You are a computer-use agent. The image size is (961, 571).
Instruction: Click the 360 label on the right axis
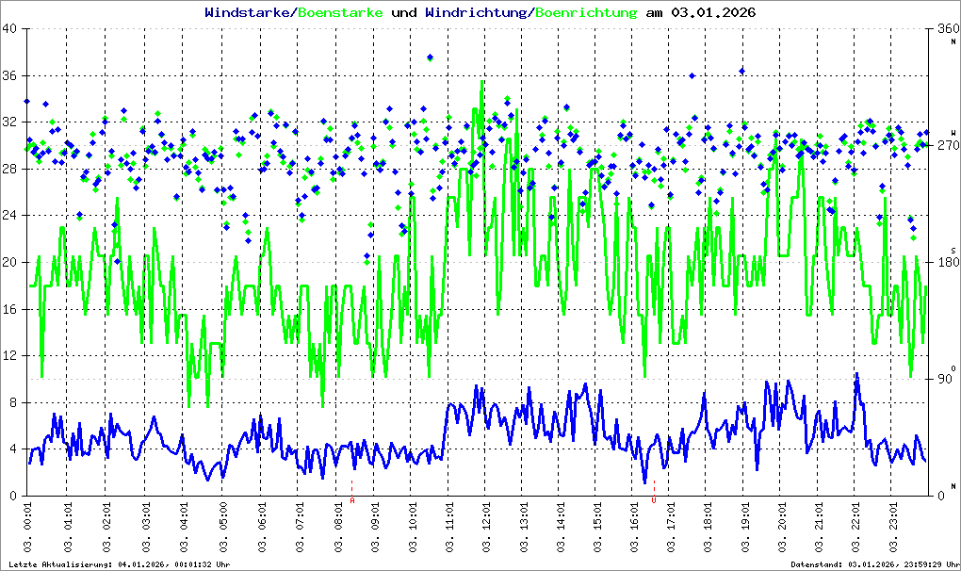[945, 29]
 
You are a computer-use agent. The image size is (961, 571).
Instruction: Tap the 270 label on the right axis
[945, 146]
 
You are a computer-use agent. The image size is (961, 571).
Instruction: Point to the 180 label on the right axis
[945, 262]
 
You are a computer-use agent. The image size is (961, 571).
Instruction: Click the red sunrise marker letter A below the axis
[352, 501]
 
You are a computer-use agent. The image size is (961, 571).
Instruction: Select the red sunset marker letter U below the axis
[654, 501]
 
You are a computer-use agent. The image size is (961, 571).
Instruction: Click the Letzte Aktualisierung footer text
[121, 564]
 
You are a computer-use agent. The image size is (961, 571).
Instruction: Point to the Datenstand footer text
[877, 564]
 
